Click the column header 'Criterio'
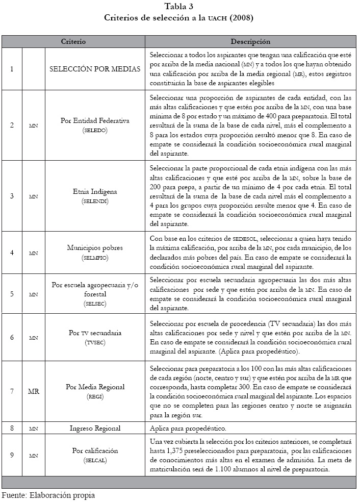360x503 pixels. point(73,41)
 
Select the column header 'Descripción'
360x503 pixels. point(250,41)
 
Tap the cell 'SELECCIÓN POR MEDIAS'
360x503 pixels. point(95,68)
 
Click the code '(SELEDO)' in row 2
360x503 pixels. point(95,131)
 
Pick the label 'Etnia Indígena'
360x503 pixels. point(95,192)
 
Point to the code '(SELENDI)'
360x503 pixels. point(95,202)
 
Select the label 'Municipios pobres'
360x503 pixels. point(95,248)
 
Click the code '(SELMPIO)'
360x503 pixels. point(95,258)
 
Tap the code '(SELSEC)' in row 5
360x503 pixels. point(95,303)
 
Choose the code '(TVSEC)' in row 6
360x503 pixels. point(95,342)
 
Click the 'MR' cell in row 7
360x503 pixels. point(33,391)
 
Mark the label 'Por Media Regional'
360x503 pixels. point(95,387)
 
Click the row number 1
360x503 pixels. point(12,68)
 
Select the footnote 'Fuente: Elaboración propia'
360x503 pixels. point(48,495)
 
